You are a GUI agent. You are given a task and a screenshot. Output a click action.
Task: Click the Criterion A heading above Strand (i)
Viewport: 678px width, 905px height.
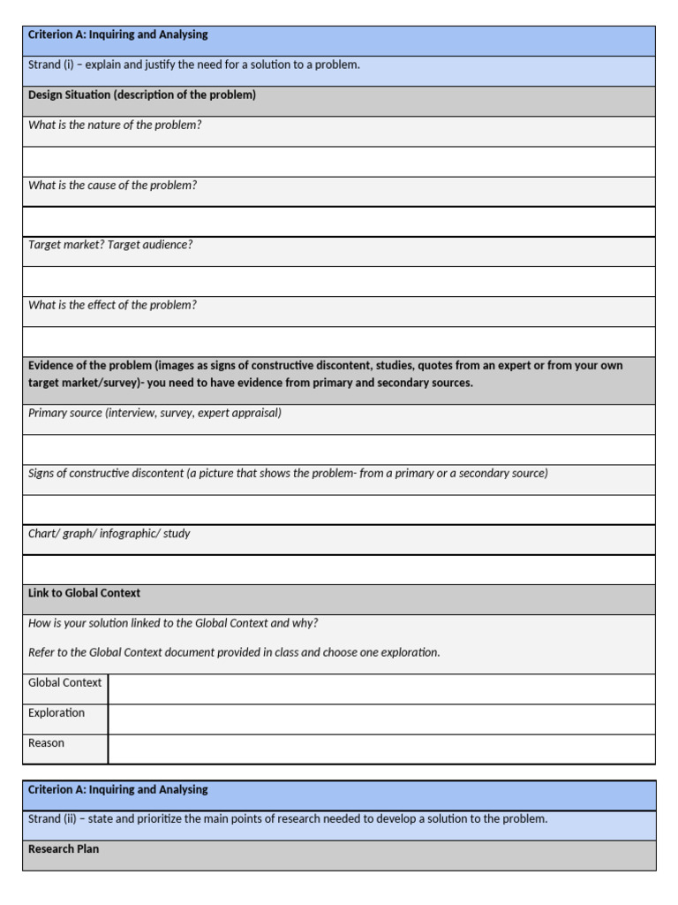pos(118,35)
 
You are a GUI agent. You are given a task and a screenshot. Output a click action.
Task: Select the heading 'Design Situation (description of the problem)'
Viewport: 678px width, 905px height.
pos(142,95)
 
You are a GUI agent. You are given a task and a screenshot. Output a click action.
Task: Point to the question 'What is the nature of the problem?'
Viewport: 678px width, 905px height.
pos(115,125)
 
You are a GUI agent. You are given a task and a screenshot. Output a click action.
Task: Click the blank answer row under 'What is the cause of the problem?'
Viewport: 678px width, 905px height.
pos(339,222)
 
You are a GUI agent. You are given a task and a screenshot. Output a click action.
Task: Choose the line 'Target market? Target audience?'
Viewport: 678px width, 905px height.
pos(110,246)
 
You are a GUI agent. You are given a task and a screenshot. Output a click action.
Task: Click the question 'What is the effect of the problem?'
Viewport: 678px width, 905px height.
pos(112,306)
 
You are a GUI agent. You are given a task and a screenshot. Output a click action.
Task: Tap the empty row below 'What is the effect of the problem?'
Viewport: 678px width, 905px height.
pos(339,342)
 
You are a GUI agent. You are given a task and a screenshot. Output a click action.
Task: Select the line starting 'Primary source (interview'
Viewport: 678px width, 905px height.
pos(155,414)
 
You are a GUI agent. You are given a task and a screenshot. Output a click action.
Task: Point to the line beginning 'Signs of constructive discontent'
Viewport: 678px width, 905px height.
pos(288,474)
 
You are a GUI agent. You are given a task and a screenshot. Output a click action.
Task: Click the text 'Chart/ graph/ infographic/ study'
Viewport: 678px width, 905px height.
pos(109,534)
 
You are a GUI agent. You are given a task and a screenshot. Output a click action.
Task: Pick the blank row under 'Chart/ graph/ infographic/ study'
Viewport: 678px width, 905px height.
pos(339,570)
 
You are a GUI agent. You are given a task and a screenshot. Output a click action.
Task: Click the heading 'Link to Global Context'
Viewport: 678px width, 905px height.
pos(84,594)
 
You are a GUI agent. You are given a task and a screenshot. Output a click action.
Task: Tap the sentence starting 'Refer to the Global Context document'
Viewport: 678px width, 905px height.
pos(234,653)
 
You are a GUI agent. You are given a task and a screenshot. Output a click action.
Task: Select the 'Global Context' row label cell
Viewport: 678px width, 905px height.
pos(64,683)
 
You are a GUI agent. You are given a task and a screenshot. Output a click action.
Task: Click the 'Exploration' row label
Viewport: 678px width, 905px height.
pos(56,713)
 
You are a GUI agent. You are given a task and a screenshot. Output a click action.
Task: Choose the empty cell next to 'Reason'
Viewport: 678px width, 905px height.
pos(381,749)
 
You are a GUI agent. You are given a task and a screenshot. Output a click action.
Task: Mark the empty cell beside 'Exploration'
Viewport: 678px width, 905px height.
pos(381,719)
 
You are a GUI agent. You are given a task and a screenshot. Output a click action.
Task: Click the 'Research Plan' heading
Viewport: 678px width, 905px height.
pos(64,849)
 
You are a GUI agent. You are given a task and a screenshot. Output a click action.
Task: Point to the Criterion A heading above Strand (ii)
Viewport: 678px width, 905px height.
pos(118,790)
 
